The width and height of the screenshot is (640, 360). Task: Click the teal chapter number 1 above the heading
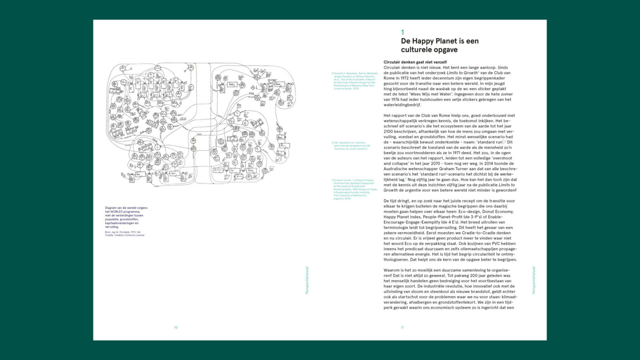tap(403, 32)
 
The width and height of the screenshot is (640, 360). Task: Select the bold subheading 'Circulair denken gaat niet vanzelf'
tap(415, 62)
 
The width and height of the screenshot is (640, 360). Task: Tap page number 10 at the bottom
tap(176, 328)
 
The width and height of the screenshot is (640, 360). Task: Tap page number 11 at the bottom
tap(402, 328)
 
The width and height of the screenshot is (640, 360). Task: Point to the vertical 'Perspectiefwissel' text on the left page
tap(307, 280)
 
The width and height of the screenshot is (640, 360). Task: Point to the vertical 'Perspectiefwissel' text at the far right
tap(533, 280)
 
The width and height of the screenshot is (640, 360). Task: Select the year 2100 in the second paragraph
tap(388, 132)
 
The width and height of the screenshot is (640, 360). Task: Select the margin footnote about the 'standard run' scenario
tap(352, 146)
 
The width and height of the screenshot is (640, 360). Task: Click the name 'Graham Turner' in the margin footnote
tap(342, 180)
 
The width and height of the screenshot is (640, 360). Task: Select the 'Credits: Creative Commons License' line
tap(124, 235)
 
